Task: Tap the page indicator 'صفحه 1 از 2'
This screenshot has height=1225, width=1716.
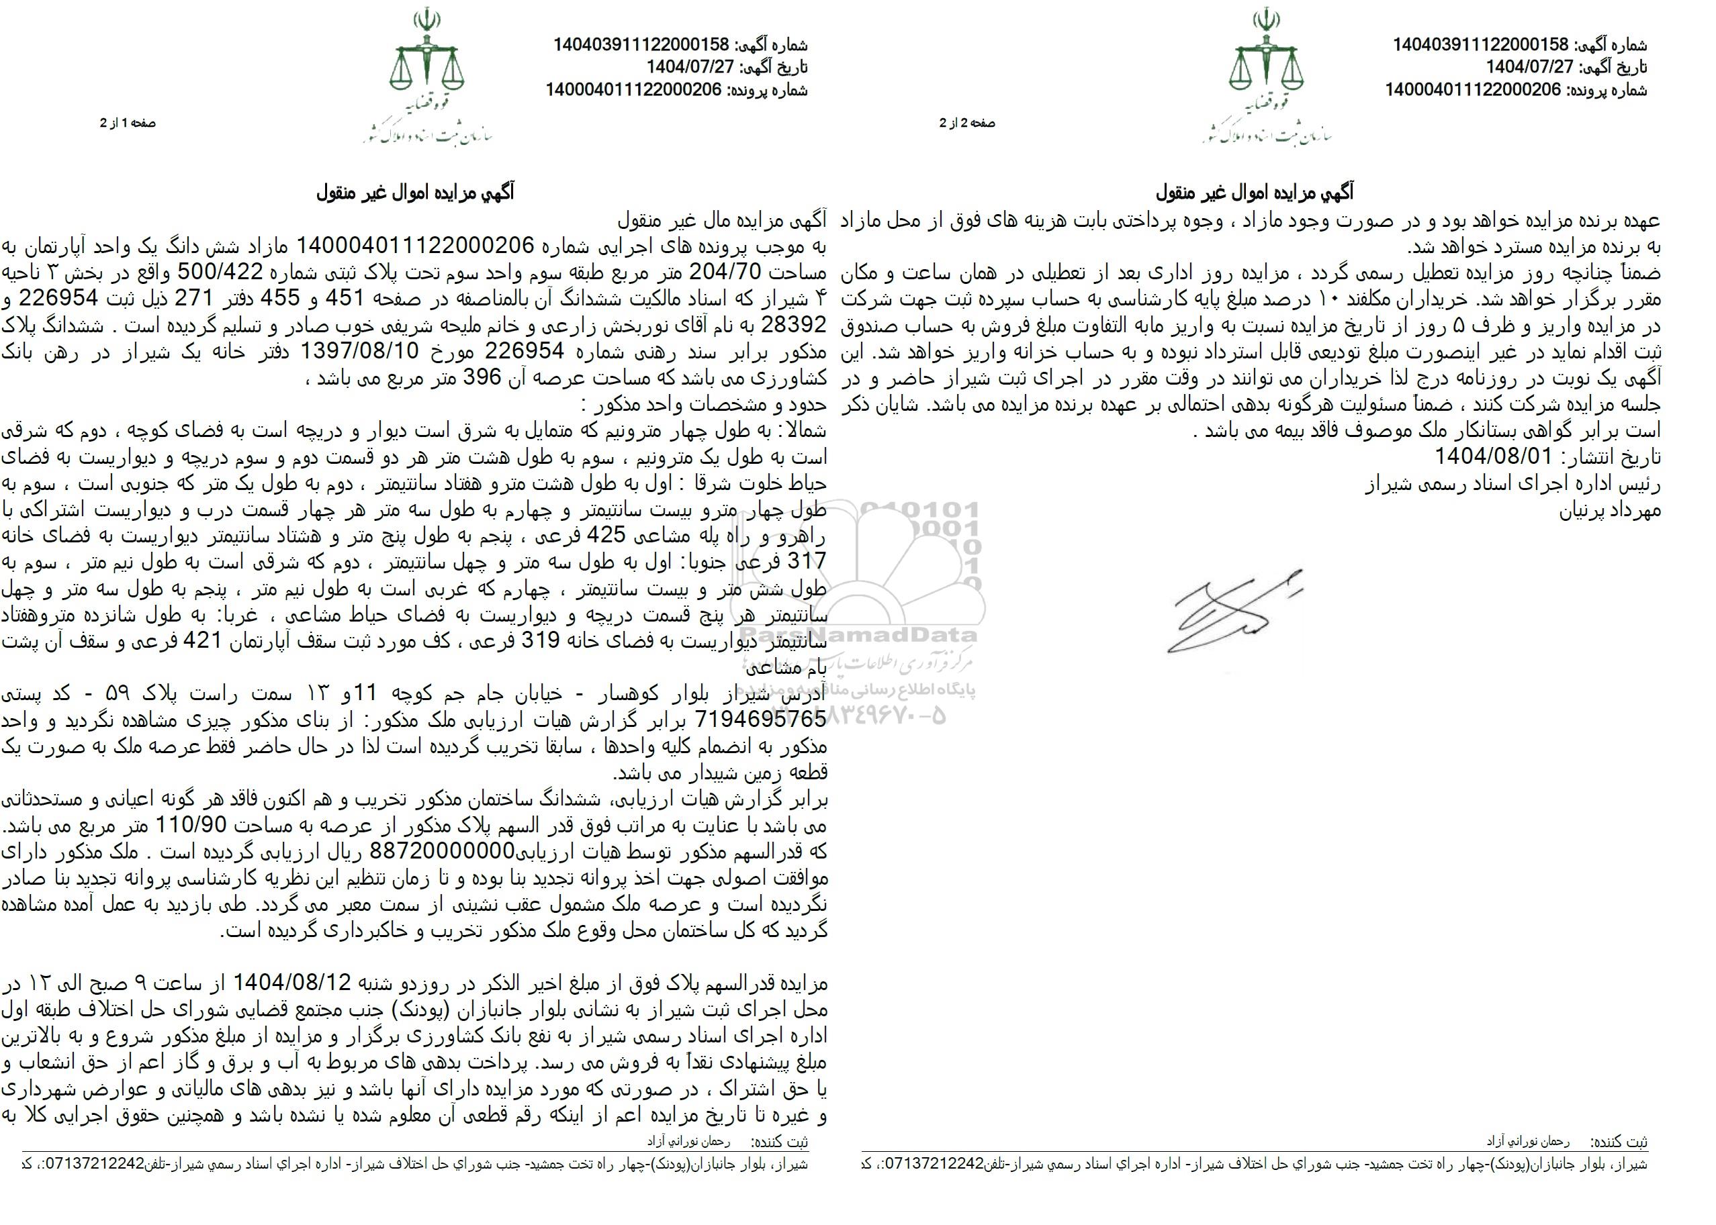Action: (128, 123)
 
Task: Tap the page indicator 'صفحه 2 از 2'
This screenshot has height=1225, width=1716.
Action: (966, 123)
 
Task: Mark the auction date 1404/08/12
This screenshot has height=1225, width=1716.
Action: (293, 983)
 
